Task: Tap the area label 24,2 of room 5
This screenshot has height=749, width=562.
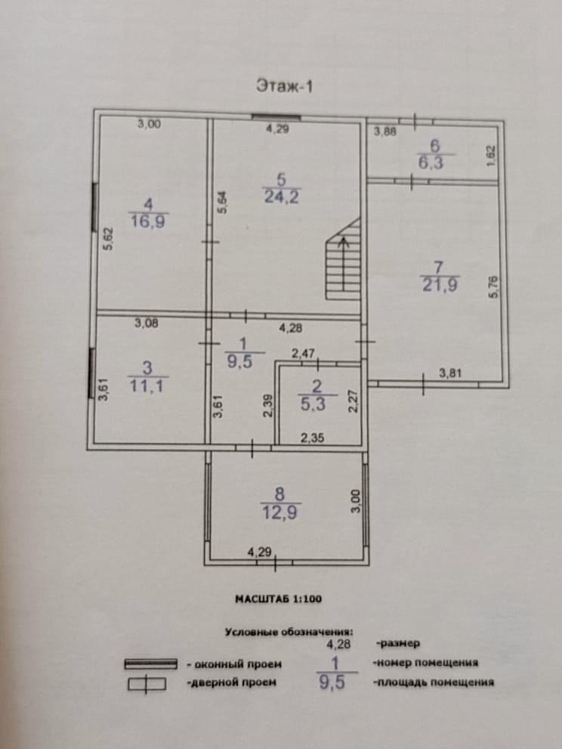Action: (280, 197)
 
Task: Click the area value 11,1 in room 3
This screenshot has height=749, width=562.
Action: (148, 385)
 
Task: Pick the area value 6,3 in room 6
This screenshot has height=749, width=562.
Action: (433, 161)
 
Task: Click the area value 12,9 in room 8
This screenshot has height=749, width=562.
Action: (281, 512)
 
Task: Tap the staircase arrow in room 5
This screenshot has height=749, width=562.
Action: (344, 265)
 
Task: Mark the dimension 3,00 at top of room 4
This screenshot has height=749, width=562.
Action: (149, 125)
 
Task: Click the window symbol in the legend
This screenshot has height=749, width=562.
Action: (150, 664)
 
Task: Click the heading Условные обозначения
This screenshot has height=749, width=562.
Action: (289, 630)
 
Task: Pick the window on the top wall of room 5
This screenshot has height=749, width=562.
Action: (276, 118)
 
